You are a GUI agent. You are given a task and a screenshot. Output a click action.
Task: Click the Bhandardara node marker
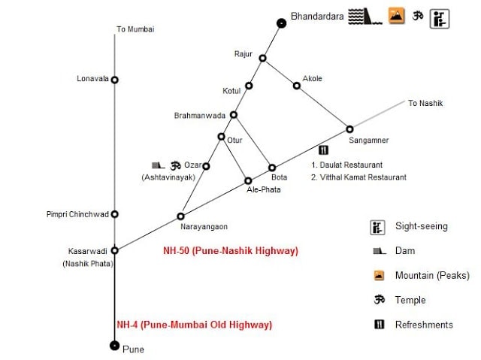coord(281,23)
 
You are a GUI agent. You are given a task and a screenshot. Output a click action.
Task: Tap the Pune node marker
coord(114,345)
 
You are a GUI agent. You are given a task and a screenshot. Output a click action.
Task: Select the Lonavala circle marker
coord(115,79)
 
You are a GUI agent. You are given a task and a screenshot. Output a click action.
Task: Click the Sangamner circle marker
coord(349,129)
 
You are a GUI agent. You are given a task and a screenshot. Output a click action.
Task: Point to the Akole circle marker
coord(297,86)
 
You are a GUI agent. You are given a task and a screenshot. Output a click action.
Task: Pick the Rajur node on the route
coord(262,58)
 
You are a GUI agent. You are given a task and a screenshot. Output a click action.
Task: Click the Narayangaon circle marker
coord(181,215)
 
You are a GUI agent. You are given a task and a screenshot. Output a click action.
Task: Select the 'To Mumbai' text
coord(135,29)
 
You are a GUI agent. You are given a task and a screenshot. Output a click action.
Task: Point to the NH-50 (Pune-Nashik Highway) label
coord(231,250)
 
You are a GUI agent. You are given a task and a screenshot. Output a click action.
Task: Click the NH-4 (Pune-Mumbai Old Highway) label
coord(194,325)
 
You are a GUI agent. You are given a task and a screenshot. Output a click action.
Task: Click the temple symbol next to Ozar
coord(176,165)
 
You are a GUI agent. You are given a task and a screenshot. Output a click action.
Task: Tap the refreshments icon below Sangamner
coord(325,150)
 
